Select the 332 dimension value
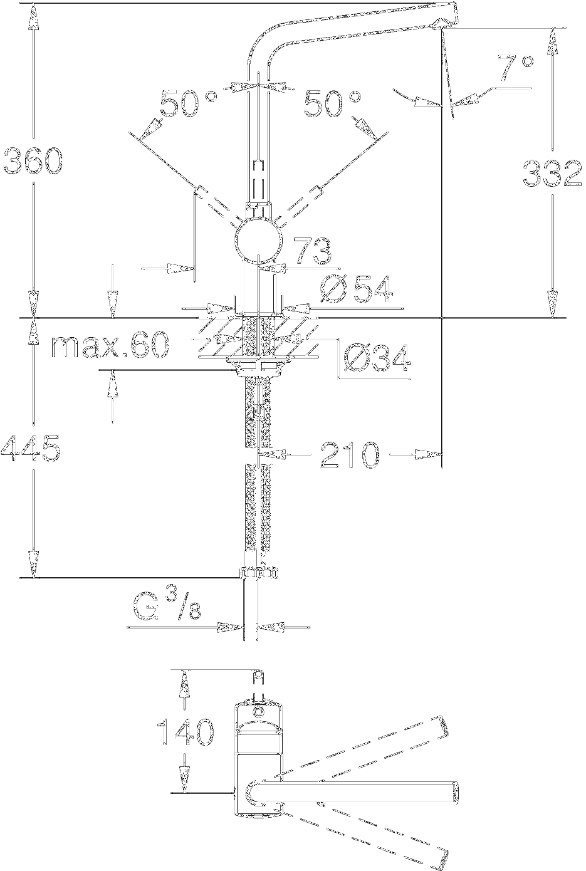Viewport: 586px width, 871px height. pos(552,173)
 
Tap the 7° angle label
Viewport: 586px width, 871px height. pos(516,68)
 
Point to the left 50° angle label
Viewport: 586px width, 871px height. pos(188,103)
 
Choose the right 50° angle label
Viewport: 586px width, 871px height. pos(332,103)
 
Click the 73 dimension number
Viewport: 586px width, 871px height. pos(311,251)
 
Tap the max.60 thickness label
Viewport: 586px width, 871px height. pos(110,345)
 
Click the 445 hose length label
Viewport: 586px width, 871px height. pos(31,449)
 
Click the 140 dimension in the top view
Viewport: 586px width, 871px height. pos(185,733)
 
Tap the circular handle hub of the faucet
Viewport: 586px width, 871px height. pos(258,241)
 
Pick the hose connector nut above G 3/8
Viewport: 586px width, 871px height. pos(259,573)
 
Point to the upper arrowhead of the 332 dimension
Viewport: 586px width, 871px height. pos(552,41)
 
